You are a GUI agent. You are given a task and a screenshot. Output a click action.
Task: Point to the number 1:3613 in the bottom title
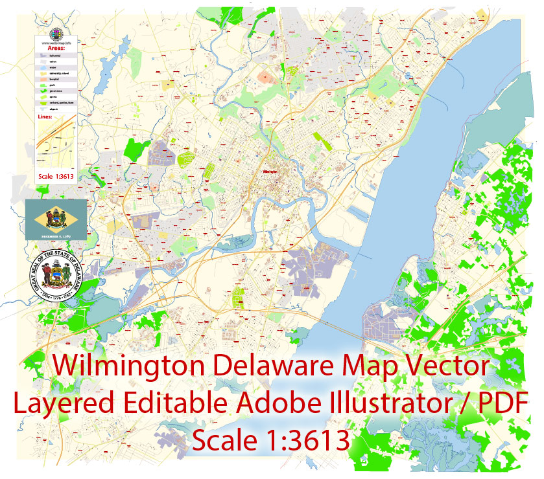[x=305, y=441]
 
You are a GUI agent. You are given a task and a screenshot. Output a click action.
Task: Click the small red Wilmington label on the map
[x=270, y=171]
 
